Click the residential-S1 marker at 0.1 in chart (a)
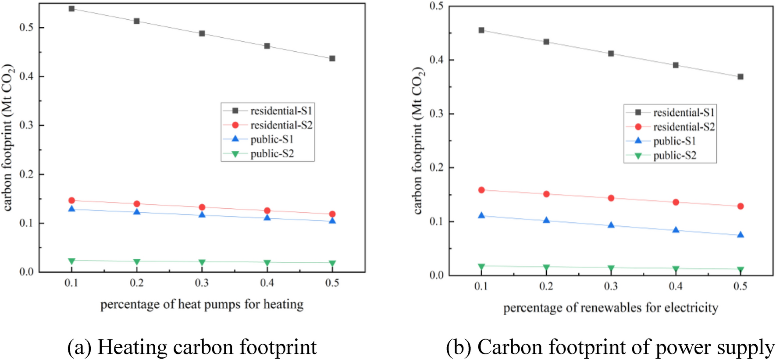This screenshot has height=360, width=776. (x=71, y=8)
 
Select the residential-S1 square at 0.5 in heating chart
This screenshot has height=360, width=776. (x=332, y=58)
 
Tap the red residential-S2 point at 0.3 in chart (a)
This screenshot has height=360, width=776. (x=202, y=207)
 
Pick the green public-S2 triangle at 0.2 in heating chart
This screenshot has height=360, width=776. (x=137, y=262)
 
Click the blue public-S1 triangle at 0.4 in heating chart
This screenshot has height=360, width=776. (x=267, y=217)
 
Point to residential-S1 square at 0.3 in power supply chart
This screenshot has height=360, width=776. (x=611, y=53)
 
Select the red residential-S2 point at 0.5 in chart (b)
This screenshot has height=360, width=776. (x=740, y=206)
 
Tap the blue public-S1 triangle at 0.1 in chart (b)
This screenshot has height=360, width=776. (x=481, y=215)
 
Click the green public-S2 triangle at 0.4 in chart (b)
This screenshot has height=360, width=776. (x=676, y=269)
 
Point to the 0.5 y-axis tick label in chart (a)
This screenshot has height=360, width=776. (x=26, y=28)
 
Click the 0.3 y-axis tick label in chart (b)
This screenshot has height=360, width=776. (x=436, y=114)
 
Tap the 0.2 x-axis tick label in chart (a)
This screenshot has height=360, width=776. (x=137, y=283)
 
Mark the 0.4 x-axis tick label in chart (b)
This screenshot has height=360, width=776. (x=676, y=286)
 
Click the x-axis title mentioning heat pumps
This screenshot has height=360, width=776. (x=202, y=304)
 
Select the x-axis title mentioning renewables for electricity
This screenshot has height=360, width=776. (x=610, y=308)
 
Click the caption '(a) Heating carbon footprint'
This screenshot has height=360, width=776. (x=192, y=347)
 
